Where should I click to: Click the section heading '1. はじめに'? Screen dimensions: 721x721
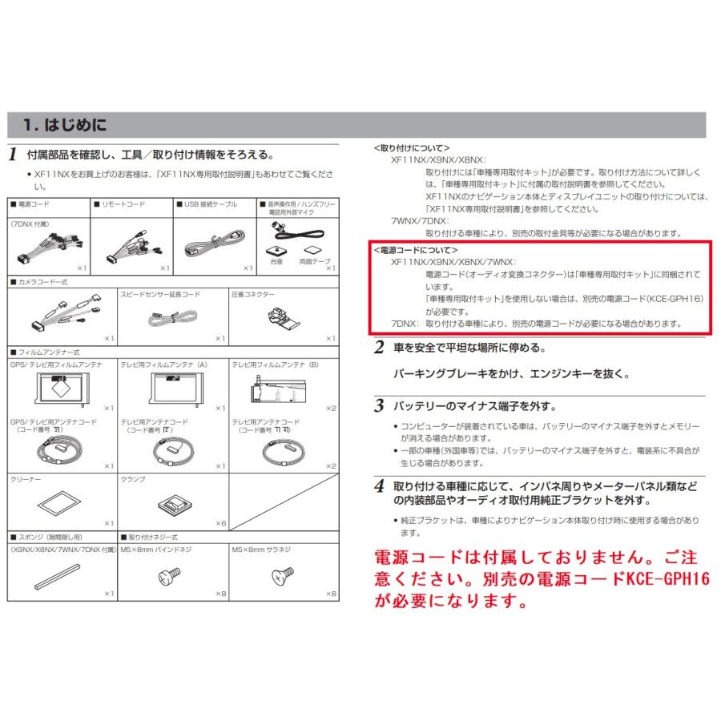point(65,126)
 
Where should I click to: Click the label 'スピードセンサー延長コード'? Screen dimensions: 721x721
point(160,295)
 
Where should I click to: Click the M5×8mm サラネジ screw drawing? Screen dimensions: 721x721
point(283,574)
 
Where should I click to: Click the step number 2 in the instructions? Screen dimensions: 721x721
point(379,348)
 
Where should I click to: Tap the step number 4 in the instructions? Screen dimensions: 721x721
point(379,486)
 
